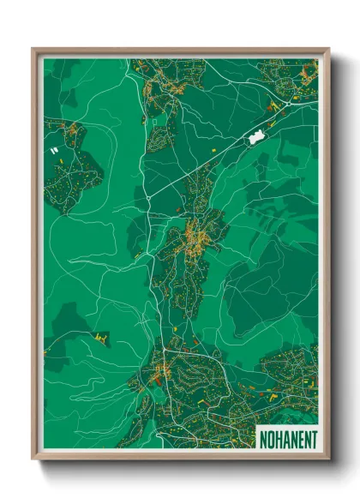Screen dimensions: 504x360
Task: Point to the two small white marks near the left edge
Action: coord(55,151)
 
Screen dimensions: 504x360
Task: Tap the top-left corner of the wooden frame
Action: coord(33,50)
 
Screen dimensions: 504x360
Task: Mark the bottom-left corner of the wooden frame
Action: coord(33,458)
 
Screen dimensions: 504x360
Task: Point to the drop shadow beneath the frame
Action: coord(184,468)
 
